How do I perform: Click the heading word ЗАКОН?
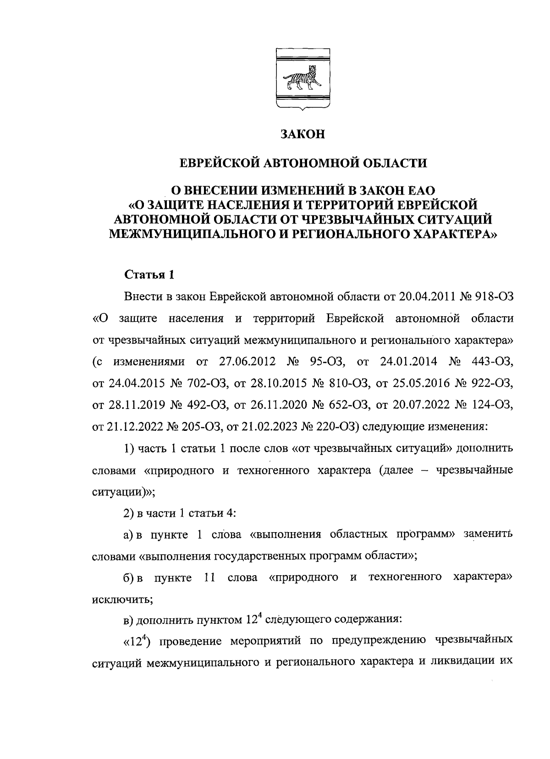point(302,134)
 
